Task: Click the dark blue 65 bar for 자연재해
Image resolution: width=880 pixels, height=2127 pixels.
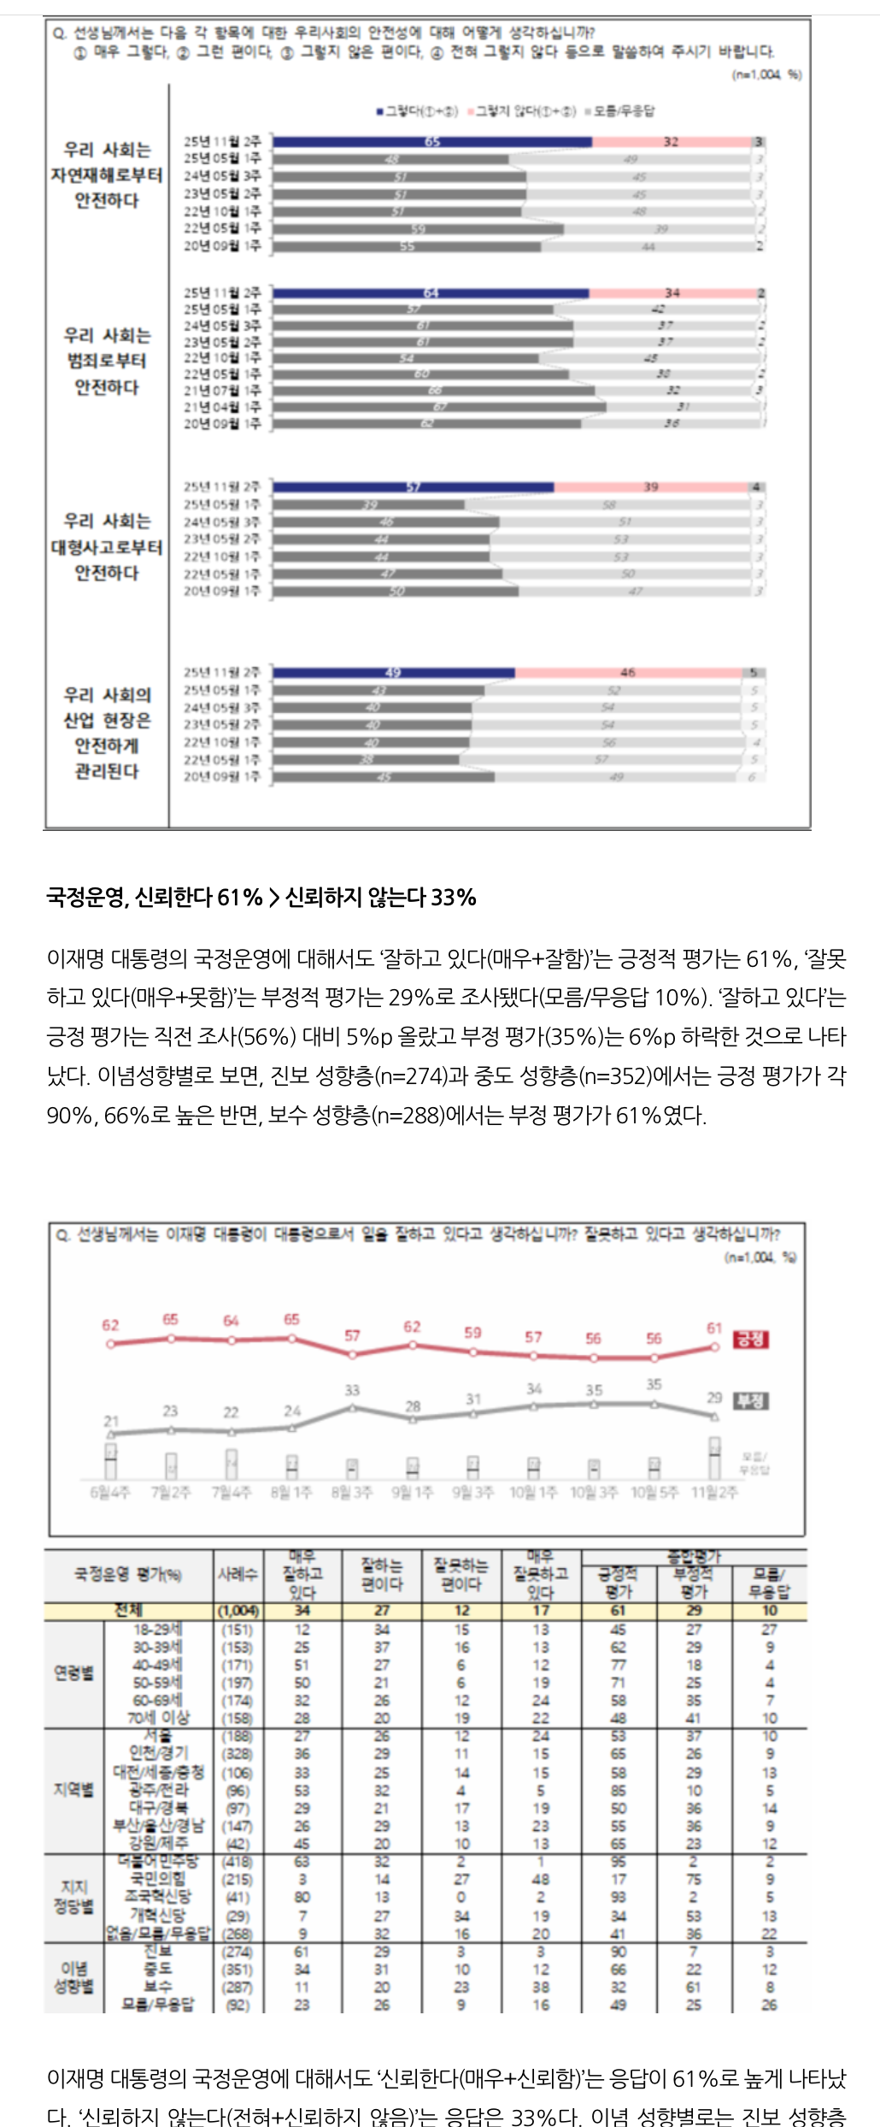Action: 432,142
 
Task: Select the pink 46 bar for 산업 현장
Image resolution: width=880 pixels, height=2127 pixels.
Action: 628,673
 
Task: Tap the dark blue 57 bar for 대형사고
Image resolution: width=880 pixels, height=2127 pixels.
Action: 414,487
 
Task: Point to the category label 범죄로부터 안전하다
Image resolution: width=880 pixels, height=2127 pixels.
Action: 107,361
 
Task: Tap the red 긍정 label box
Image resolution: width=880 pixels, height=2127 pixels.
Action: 751,1339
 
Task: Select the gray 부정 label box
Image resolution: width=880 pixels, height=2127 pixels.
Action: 751,1400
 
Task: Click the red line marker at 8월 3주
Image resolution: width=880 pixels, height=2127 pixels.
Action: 352,1354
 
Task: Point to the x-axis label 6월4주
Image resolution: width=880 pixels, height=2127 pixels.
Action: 110,1492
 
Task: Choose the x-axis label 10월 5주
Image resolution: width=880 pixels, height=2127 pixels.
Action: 654,1492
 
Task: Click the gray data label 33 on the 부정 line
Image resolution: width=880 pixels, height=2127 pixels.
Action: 352,1390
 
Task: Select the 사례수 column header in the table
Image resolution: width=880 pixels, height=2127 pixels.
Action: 238,1574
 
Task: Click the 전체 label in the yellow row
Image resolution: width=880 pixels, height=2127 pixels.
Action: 128,1611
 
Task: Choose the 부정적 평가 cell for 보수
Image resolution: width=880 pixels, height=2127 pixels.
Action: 694,1987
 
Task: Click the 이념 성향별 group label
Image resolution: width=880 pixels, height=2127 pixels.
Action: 74,1977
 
